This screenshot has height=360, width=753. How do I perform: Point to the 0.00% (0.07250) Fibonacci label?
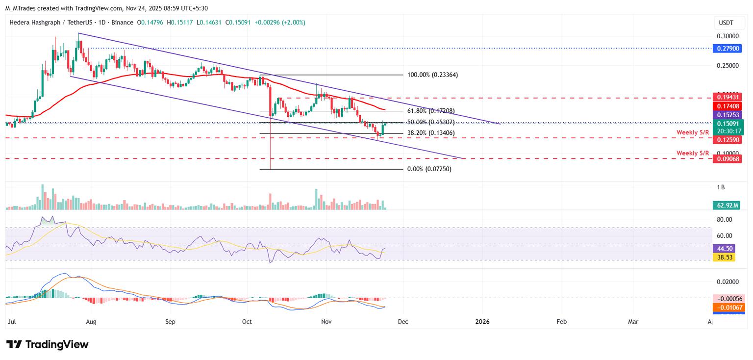pyautogui.click(x=429, y=169)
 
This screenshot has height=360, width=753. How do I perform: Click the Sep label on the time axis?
pyautogui.click(x=170, y=322)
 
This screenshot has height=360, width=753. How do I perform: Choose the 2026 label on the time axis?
pyautogui.click(x=482, y=322)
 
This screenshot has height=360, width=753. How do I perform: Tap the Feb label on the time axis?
pyautogui.click(x=562, y=322)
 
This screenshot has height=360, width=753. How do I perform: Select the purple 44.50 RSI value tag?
pyautogui.click(x=725, y=249)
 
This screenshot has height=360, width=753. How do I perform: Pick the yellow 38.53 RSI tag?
pyautogui.click(x=725, y=257)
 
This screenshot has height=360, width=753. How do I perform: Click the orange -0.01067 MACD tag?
pyautogui.click(x=729, y=307)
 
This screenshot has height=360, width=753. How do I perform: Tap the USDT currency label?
pyautogui.click(x=726, y=23)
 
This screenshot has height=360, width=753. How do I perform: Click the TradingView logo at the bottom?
pyautogui.click(x=48, y=344)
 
